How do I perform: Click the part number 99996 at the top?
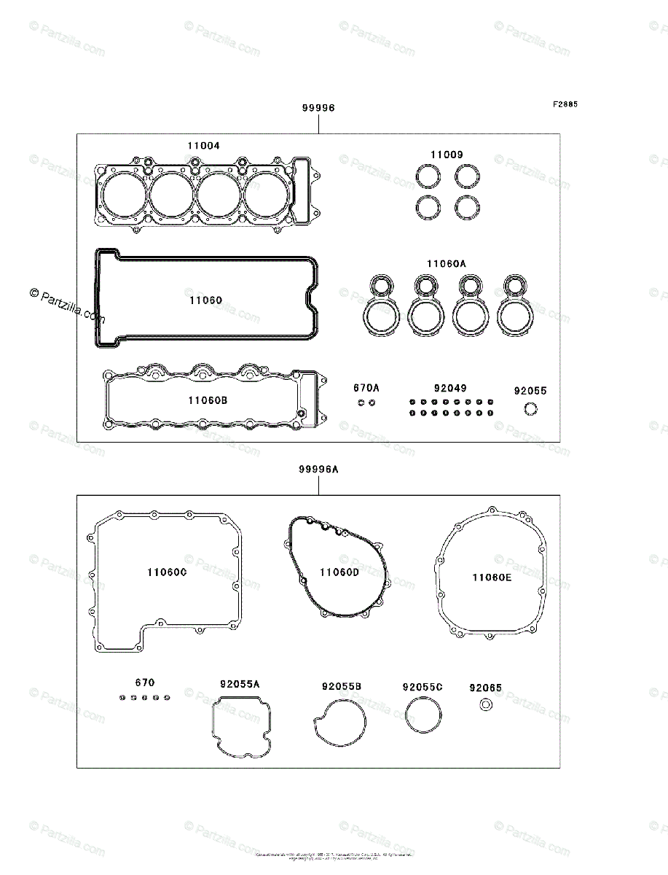coord(318,108)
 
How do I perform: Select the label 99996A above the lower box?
coord(318,470)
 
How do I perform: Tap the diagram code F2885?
coord(565,104)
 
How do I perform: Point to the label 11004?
coord(203,146)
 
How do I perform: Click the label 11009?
coord(446,155)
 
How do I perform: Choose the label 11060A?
coord(446,264)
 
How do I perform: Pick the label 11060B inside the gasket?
coord(208,400)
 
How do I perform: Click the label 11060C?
coord(167,573)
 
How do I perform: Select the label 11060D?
coord(339,572)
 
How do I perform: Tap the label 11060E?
coord(492,577)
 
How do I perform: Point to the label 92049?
coord(450,389)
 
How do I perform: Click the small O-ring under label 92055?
coord(531,409)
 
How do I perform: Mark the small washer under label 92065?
coord(485,704)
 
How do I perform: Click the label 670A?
coord(366,389)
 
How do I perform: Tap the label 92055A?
coord(240,685)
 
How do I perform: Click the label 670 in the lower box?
coord(145,683)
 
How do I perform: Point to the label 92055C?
coord(423,688)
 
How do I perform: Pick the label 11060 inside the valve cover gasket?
coord(205,300)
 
